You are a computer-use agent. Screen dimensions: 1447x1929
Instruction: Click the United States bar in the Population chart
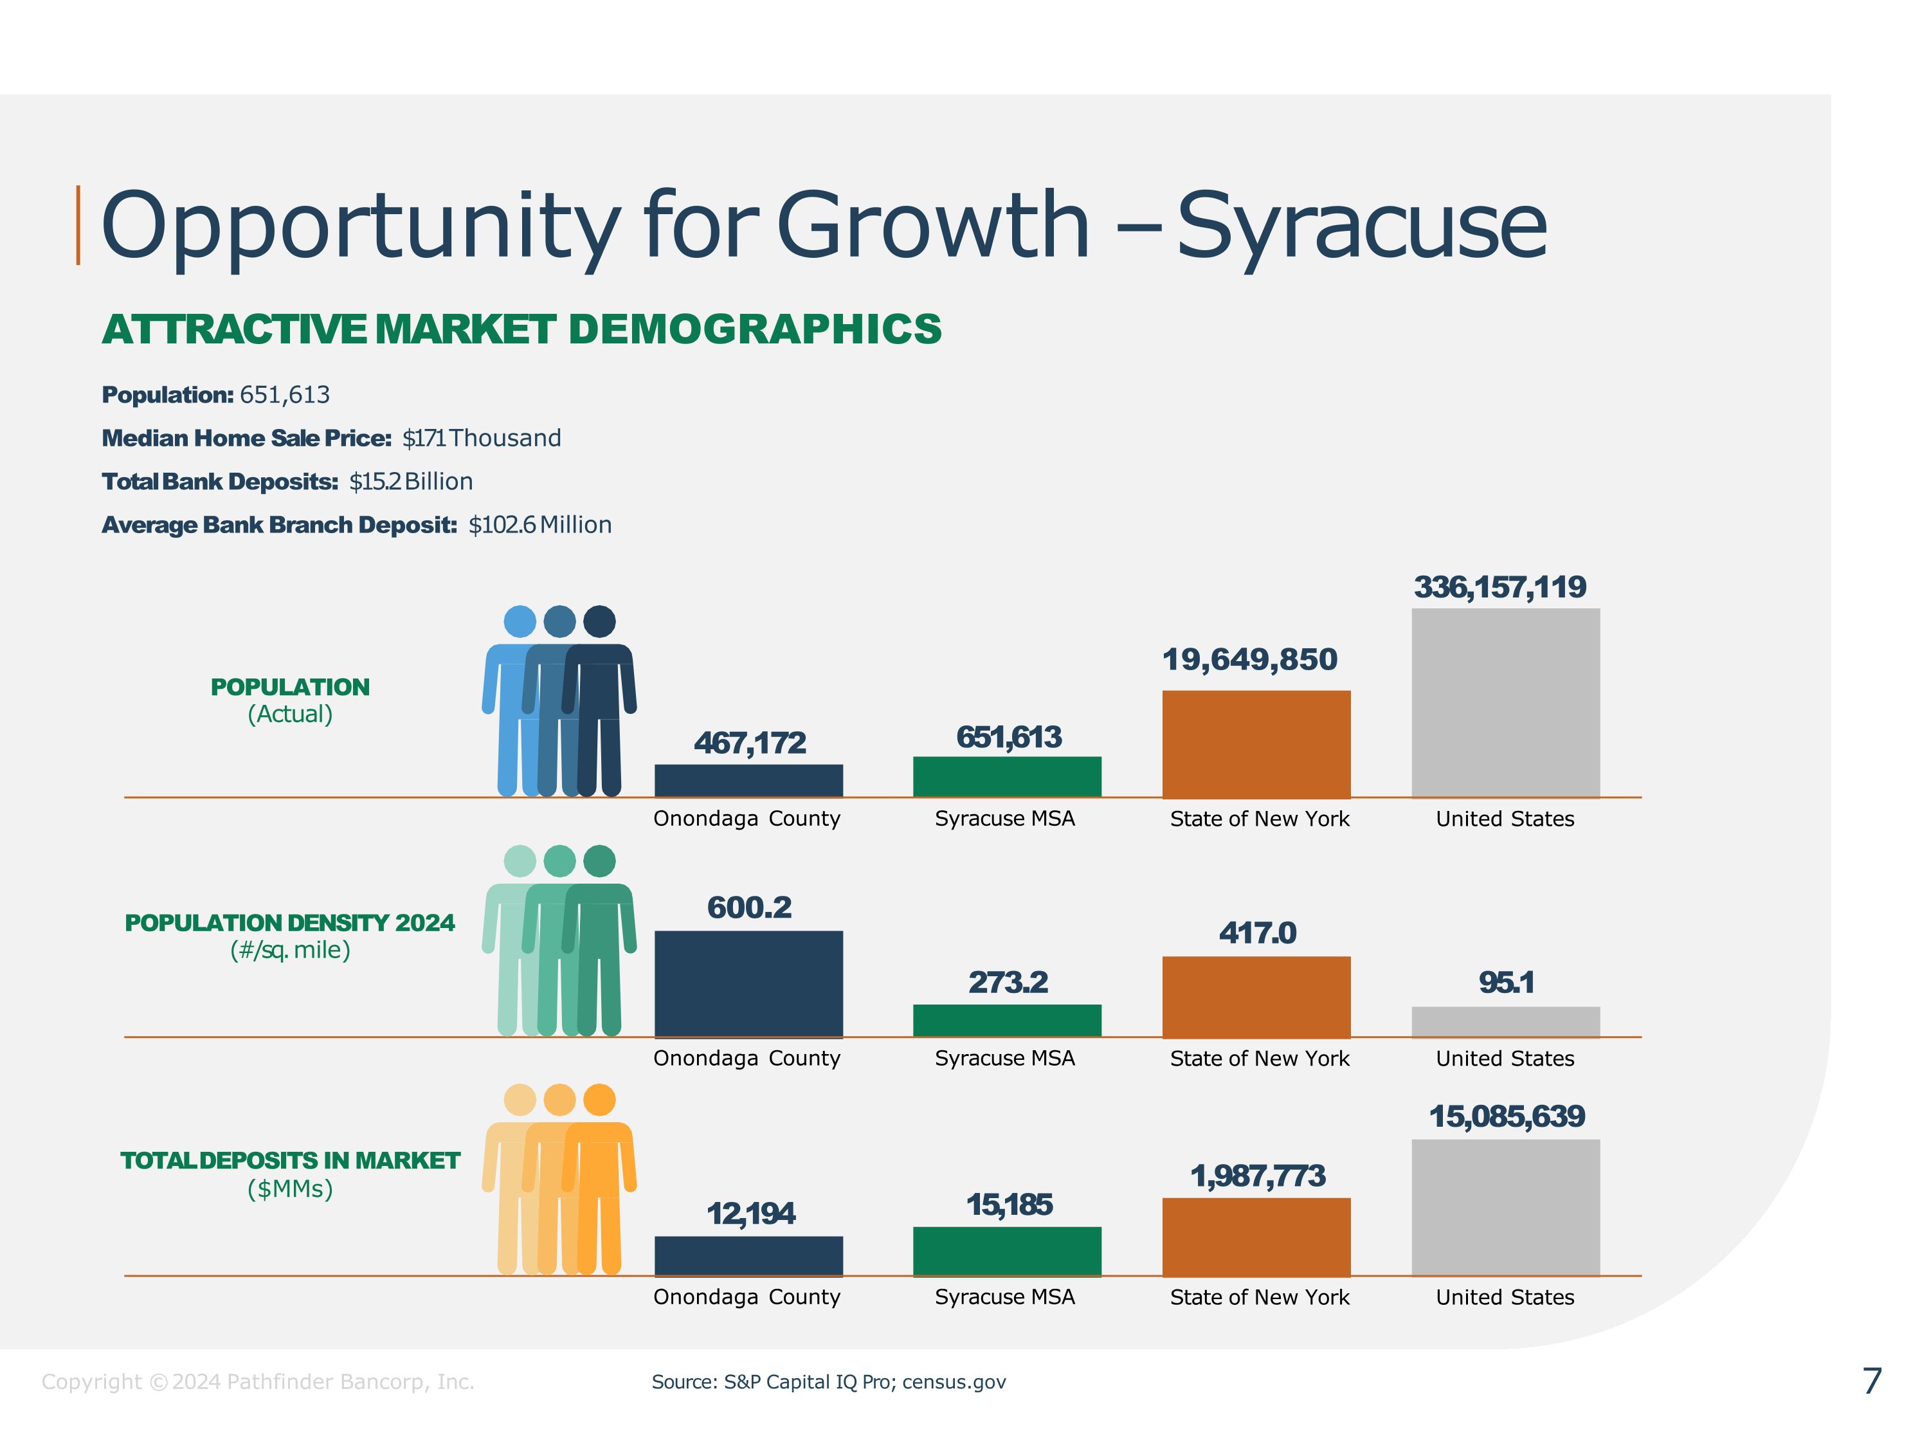[1505, 702]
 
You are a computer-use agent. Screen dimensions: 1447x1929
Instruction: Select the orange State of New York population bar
[1256, 743]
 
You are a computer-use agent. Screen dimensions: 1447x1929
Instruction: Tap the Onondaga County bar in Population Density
[748, 984]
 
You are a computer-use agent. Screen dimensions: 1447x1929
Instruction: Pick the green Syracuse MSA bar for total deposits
[1006, 1251]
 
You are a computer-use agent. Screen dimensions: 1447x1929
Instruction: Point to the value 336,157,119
[1500, 587]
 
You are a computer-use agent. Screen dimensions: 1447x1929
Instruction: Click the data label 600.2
[749, 908]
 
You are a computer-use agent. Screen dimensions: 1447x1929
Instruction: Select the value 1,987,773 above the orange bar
[1258, 1176]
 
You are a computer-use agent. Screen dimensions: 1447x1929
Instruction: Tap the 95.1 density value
[1506, 983]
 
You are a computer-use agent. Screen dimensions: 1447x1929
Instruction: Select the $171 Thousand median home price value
[482, 438]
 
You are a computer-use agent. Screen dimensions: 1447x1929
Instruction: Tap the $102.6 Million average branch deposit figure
[540, 525]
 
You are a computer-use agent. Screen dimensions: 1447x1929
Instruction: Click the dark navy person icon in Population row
[601, 698]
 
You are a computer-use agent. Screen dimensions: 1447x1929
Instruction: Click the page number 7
[1871, 1381]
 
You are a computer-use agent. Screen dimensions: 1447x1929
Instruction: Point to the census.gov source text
[954, 1383]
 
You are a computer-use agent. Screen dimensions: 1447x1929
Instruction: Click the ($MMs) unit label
[291, 1189]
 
